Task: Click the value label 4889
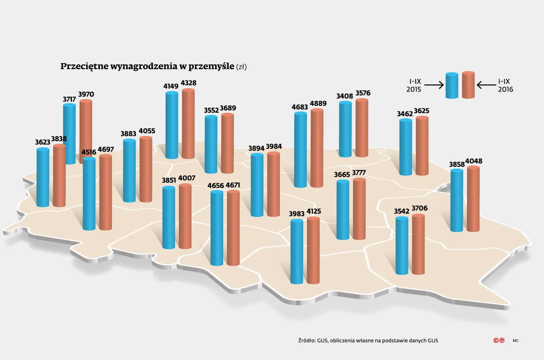(x=318, y=103)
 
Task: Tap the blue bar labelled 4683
(x=300, y=150)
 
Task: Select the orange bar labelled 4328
(x=188, y=124)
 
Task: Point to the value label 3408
(x=345, y=96)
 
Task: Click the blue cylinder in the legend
(x=452, y=86)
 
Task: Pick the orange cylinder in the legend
(x=468, y=85)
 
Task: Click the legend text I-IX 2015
(x=414, y=86)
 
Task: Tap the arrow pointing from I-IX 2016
(x=486, y=85)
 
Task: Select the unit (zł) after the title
(x=241, y=67)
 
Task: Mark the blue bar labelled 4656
(x=217, y=228)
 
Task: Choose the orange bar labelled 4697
(x=106, y=192)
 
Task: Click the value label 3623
(x=42, y=142)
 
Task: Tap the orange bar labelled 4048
(x=473, y=199)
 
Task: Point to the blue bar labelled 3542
(x=402, y=246)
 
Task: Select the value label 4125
(x=314, y=211)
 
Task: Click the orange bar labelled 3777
(x=359, y=209)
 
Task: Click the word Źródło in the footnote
(x=307, y=341)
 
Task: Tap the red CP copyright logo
(x=499, y=341)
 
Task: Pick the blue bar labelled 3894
(x=257, y=185)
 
